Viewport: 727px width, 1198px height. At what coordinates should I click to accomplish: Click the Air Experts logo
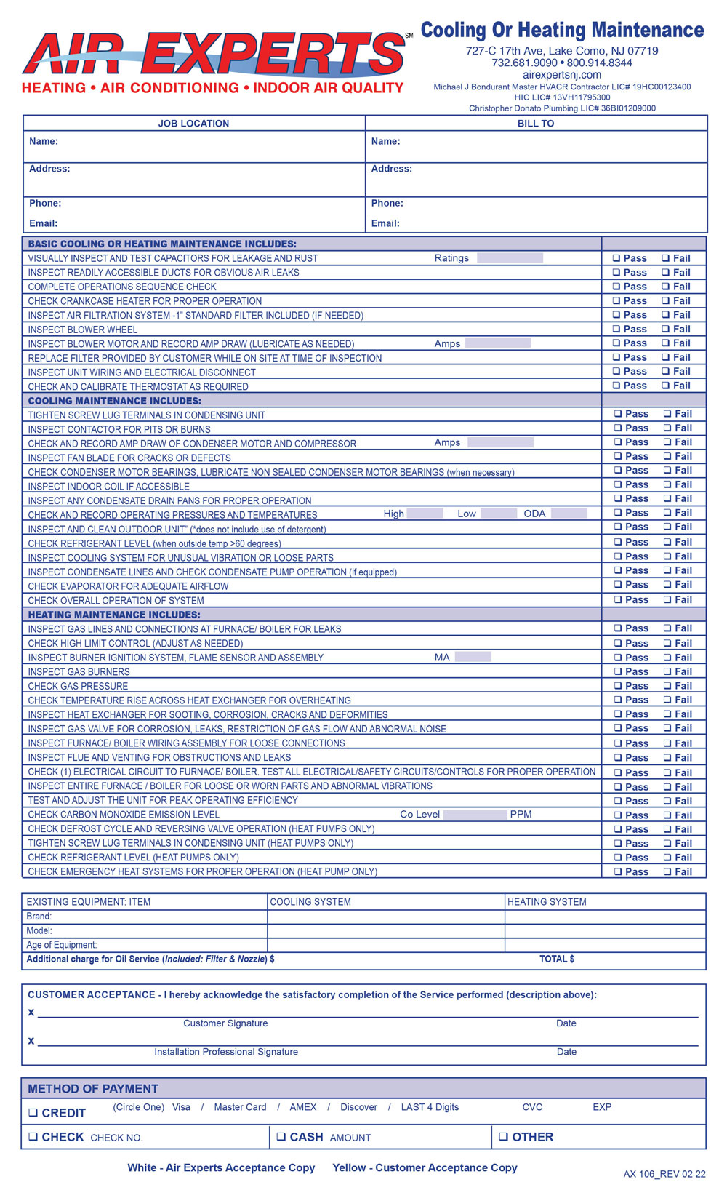tap(214, 55)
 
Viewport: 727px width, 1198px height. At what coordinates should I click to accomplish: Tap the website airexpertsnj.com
tap(562, 75)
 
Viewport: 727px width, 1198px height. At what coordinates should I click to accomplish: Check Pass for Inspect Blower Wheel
tap(616, 330)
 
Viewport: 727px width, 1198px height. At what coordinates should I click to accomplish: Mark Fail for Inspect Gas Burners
tap(666, 672)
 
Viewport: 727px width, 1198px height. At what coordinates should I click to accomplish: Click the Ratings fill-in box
tap(510, 258)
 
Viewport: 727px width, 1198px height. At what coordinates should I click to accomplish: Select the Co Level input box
tap(475, 815)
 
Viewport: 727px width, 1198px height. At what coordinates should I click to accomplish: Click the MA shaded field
tap(473, 658)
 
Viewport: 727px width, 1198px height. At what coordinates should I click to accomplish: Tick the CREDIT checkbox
tap(33, 1113)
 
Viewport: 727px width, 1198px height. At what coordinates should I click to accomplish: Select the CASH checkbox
tap(281, 1137)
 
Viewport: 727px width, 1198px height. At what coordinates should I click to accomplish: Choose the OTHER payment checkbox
tap(503, 1137)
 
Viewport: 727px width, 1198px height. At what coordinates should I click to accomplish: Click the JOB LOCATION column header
tap(193, 124)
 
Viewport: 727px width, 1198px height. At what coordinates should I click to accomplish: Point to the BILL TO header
tap(536, 124)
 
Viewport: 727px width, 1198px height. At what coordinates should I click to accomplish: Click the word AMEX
tap(303, 1107)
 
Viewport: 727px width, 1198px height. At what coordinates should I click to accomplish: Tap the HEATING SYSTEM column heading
tap(547, 902)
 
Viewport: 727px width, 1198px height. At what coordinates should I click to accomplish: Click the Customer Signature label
tap(225, 1023)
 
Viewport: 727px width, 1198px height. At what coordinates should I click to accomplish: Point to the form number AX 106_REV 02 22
tap(664, 1174)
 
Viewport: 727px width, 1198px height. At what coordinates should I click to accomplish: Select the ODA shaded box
tap(569, 514)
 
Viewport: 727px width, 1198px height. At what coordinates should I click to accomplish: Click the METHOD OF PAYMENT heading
tap(93, 1089)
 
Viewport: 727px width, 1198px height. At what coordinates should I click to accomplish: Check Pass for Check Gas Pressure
tap(618, 686)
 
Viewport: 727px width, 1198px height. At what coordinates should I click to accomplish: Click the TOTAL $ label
tap(557, 959)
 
